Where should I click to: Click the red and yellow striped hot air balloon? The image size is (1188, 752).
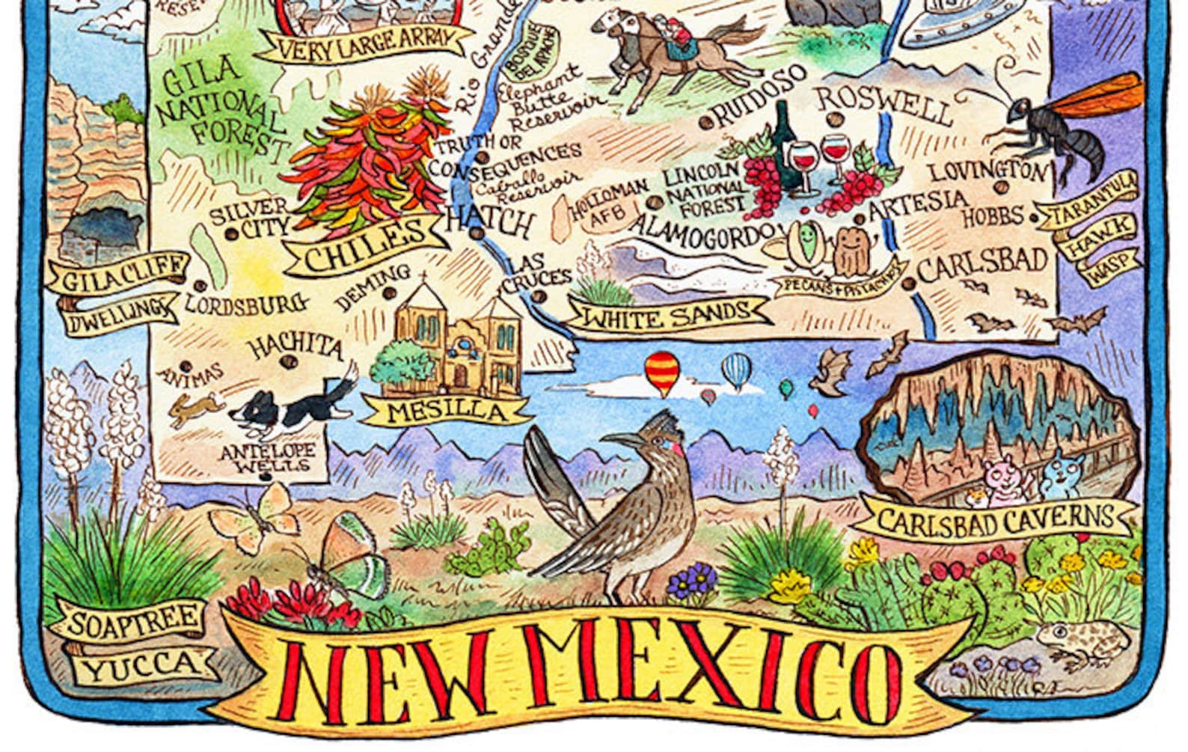click(662, 372)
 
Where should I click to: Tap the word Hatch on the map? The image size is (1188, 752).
click(490, 221)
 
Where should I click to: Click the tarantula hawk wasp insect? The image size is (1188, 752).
click(1062, 127)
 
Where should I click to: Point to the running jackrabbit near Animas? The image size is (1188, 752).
click(196, 409)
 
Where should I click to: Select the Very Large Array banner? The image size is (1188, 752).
click(364, 45)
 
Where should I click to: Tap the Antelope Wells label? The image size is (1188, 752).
click(267, 458)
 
